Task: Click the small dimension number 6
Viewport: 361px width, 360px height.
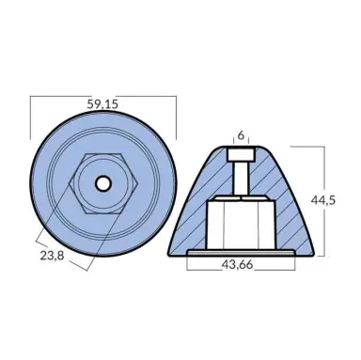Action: [242, 134]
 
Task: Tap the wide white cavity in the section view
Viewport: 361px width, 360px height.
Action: [242, 222]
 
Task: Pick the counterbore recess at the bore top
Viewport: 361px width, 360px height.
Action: [242, 154]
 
